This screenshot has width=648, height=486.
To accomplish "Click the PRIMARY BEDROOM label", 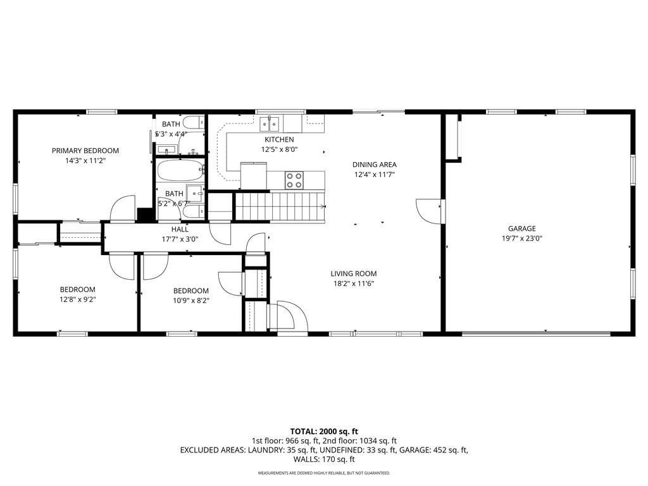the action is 85,151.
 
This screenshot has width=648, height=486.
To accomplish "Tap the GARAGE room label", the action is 522,228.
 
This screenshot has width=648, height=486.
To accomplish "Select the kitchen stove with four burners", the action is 294,180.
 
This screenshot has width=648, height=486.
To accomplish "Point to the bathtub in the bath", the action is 180,170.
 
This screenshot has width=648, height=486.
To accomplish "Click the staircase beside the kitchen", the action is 280,207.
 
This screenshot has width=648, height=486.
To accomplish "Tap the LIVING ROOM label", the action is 354,273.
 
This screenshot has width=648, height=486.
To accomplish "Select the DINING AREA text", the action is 375,165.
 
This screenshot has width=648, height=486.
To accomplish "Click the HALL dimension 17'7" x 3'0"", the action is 180,239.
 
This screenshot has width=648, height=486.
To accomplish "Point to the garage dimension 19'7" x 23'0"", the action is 522,239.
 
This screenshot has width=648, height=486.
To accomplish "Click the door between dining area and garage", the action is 428,211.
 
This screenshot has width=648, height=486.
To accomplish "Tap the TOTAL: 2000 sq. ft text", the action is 324,432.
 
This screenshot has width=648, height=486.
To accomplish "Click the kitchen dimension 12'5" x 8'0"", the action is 279,149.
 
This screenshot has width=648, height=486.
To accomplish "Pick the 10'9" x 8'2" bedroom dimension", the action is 191,301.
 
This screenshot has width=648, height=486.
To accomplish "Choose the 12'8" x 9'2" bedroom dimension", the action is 78,299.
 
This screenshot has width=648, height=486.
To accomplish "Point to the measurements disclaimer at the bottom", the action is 324,473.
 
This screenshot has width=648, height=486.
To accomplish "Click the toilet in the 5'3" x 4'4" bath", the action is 194,122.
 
